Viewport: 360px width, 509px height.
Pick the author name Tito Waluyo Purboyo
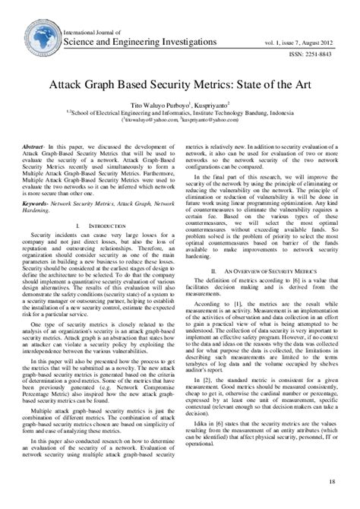pos(156,107)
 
